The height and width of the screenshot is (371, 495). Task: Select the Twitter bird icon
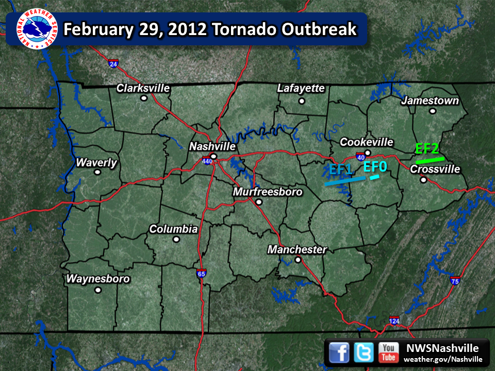point(364,352)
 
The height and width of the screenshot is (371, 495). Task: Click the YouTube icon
point(388,352)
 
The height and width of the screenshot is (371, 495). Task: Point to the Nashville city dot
point(212,156)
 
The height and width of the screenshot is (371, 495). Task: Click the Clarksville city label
point(143,88)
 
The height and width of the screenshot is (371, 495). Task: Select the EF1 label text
point(340,169)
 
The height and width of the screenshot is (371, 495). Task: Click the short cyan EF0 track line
point(374,178)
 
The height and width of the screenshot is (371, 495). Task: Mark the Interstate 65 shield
point(201,274)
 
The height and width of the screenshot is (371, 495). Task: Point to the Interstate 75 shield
point(454,281)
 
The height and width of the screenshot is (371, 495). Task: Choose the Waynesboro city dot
point(97,290)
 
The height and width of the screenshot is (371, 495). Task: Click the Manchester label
point(297,250)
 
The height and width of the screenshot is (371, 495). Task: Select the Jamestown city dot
point(433,111)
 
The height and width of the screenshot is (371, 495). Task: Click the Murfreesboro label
point(268,192)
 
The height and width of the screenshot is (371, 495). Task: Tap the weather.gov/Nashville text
point(443,359)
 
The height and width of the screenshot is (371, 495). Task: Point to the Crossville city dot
point(423,180)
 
